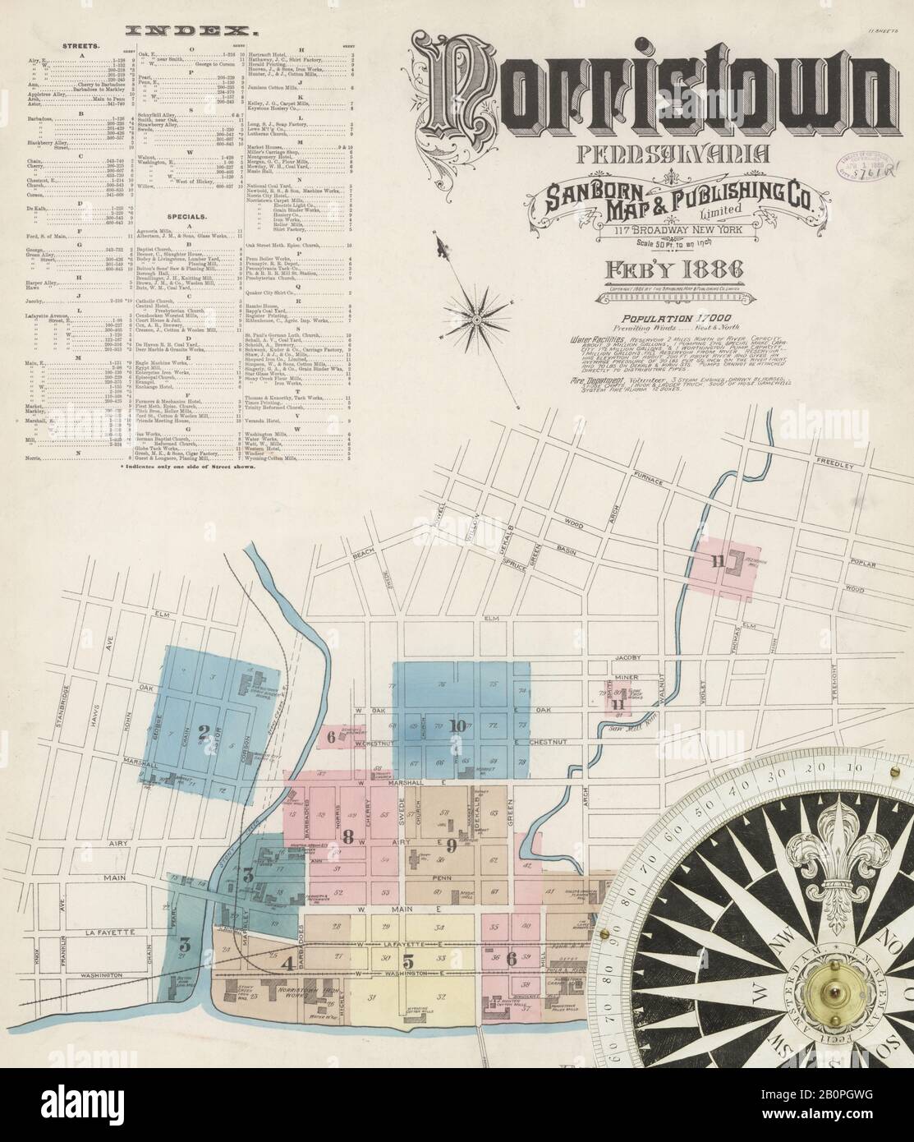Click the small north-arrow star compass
(x=478, y=314)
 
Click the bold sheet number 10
(x=457, y=725)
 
